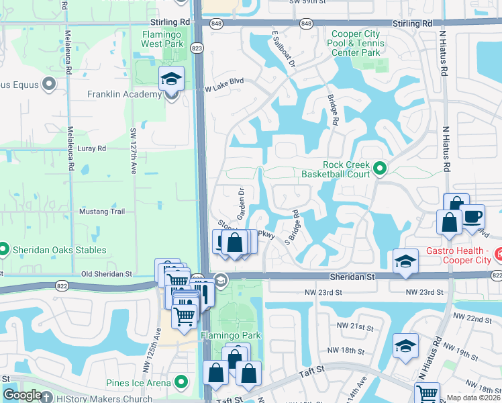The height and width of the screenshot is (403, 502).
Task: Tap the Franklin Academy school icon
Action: (171, 79)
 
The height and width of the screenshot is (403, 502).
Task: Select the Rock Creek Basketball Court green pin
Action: (379, 168)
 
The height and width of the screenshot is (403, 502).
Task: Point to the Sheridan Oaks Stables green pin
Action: (3, 249)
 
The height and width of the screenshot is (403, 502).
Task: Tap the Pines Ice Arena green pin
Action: (181, 382)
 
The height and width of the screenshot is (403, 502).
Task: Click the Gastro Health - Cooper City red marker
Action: (499, 254)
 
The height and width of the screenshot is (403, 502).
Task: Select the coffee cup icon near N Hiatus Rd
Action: (472, 216)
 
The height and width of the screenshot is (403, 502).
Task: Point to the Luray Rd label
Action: (92, 148)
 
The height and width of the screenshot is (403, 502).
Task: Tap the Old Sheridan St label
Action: (107, 274)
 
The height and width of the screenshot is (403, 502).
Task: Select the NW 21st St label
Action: (355, 326)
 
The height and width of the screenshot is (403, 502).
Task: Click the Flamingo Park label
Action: (230, 334)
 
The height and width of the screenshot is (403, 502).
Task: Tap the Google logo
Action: (21, 396)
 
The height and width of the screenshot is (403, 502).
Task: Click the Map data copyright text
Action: (474, 398)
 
